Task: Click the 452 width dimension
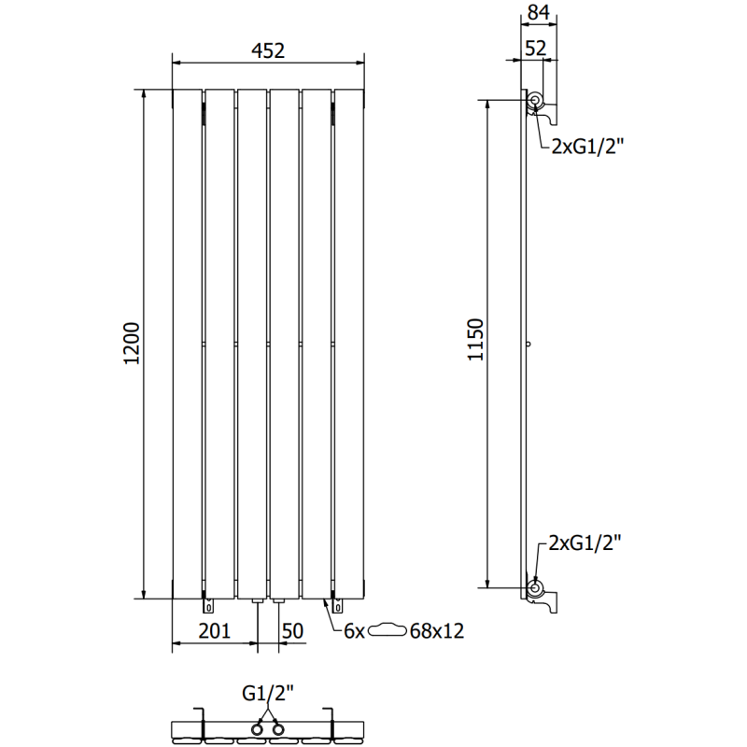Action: pos(268,51)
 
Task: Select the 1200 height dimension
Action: pos(132,344)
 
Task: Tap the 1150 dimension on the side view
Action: pos(475,340)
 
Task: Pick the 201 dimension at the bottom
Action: pos(214,631)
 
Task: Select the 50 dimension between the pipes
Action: pos(292,631)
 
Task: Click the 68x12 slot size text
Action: pos(436,632)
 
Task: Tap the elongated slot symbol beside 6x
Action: pos(388,632)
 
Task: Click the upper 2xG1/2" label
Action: pos(586,146)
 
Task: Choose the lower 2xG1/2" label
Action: pos(586,543)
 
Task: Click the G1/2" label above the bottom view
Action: pos(268,693)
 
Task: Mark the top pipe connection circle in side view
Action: pos(535,101)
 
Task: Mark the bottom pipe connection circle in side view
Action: pos(535,587)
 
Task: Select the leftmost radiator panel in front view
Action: pos(187,344)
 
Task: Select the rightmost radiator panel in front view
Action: pos(349,344)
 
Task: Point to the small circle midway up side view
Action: pos(529,345)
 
